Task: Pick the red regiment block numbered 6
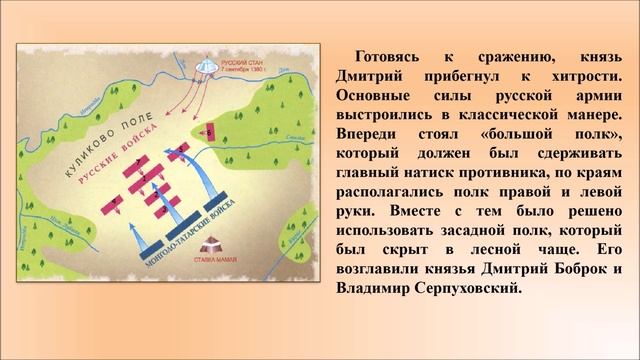pyautogui.click(x=209, y=129)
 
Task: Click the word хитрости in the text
pyautogui.click(x=579, y=77)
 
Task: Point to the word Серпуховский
pyautogui.click(x=469, y=289)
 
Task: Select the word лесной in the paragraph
pyautogui.click(x=486, y=250)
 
